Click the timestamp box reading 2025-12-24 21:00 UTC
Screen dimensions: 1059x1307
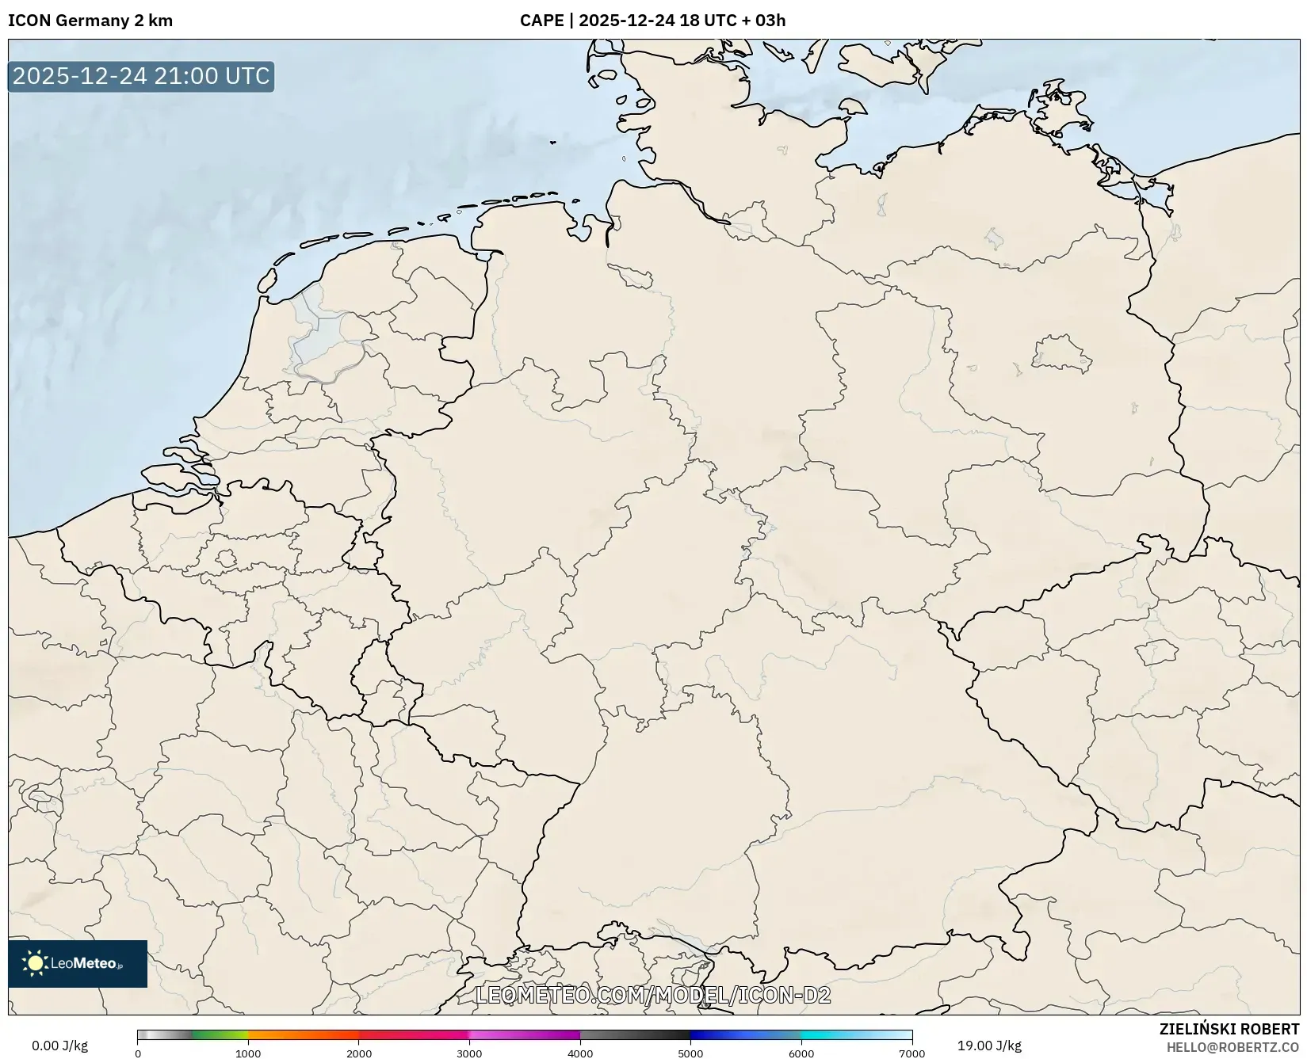pos(141,76)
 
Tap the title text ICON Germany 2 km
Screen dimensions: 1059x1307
pos(90,21)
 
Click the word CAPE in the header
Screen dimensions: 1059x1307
pos(541,21)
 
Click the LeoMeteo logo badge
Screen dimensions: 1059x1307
pos(78,963)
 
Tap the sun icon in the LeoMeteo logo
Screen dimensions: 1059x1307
pos(35,963)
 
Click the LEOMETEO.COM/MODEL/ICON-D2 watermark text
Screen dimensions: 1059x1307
pos(653,996)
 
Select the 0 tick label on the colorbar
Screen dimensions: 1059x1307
pos(138,1053)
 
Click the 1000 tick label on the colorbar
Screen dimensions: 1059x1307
pos(248,1053)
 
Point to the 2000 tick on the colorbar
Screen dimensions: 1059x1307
pos(359,1053)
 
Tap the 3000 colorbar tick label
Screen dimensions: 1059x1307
pos(469,1053)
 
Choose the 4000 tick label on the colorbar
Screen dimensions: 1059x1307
pos(580,1053)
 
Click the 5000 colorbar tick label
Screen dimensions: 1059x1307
pos(690,1053)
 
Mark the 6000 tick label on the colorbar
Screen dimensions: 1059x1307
pos(801,1053)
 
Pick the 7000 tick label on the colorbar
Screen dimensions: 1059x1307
pos(911,1053)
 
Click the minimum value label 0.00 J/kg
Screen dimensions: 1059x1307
pos(60,1046)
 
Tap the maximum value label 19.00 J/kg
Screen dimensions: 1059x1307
pos(989,1046)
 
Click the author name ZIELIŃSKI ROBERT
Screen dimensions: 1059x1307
pos(1229,1030)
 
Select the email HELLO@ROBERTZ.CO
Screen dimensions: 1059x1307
pos(1233,1047)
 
